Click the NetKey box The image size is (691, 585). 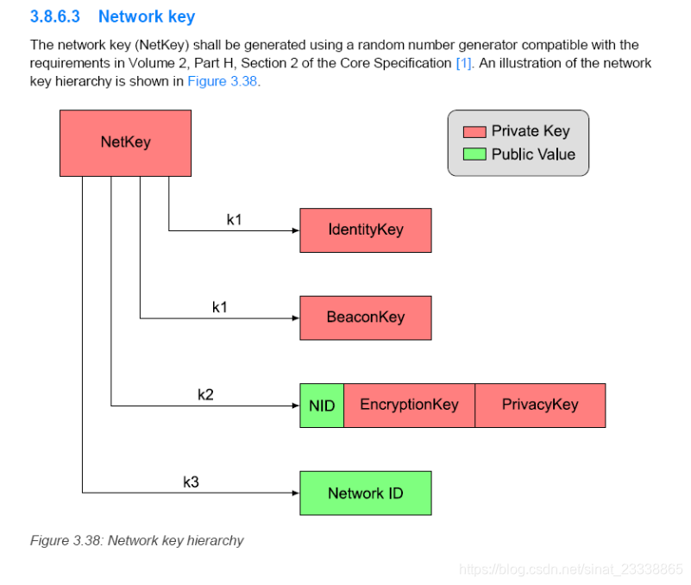125,142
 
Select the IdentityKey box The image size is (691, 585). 365,230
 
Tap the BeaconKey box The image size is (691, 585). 365,318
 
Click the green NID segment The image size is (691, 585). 322,406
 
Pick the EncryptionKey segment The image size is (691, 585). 409,406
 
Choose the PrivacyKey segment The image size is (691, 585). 540,406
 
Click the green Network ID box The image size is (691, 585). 365,494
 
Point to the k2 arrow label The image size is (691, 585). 205,394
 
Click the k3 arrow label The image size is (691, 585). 191,482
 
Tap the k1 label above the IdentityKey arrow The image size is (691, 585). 234,219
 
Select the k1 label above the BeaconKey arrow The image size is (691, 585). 219,307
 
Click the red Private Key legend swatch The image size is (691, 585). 474,132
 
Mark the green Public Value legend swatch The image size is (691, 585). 474,155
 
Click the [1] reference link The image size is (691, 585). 463,63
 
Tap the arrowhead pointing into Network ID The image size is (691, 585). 294,493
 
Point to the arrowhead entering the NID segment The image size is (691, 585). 294,405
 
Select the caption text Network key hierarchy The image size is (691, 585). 175,541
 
